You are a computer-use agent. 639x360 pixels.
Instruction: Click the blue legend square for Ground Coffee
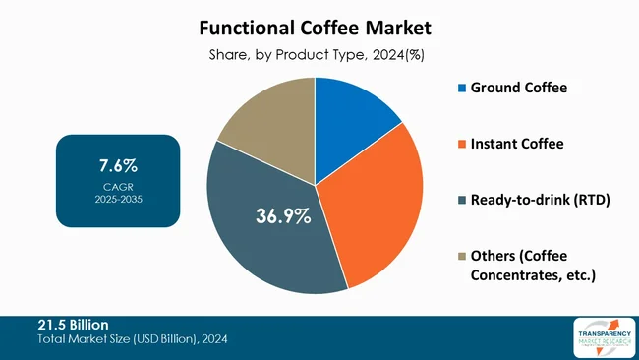[463, 89]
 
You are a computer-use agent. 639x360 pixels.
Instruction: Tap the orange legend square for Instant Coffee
[463, 145]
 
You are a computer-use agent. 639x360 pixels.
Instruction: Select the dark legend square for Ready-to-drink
[463, 201]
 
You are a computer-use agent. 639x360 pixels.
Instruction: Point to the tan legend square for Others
[463, 257]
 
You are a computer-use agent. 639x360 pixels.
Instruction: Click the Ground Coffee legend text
[519, 89]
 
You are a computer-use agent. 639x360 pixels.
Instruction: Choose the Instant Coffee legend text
[517, 145]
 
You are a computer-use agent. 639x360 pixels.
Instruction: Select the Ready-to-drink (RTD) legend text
[540, 201]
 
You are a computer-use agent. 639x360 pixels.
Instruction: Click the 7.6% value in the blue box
[118, 164]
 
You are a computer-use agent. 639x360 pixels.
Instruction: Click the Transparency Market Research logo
[601, 336]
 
